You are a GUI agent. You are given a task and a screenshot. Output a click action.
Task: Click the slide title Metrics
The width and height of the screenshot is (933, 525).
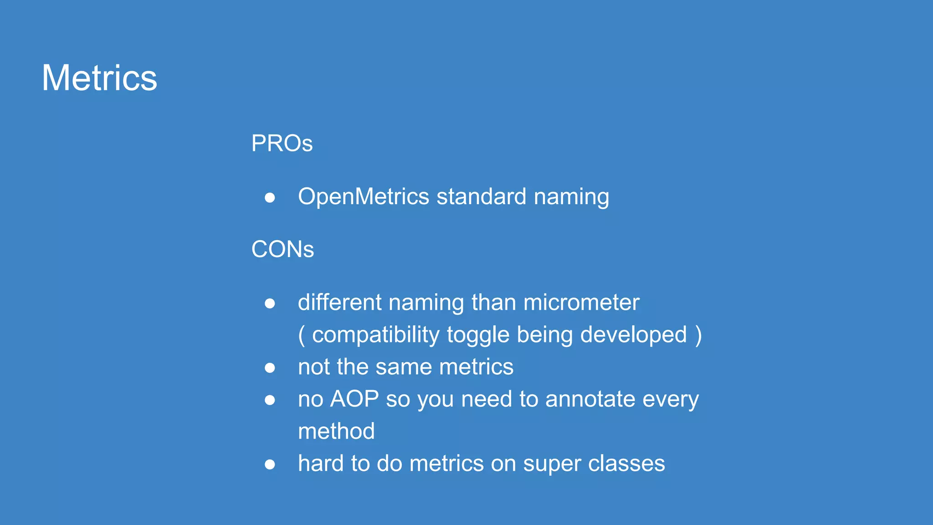(99, 78)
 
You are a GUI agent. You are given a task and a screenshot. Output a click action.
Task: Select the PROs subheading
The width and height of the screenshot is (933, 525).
(282, 144)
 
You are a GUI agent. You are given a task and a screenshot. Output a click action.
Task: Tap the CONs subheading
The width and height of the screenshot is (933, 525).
(282, 249)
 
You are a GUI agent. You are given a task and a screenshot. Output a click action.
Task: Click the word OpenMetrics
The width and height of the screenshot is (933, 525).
(364, 197)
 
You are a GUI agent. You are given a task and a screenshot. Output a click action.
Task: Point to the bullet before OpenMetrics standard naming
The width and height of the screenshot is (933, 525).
(270, 198)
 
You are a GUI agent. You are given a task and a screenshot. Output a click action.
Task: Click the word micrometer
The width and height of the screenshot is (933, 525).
(581, 303)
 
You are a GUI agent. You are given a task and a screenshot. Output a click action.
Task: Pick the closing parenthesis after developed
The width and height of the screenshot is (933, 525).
(699, 335)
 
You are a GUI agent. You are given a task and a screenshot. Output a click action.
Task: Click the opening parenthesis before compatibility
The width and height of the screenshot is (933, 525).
(302, 335)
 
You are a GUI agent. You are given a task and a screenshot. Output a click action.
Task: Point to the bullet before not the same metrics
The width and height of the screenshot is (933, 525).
(270, 368)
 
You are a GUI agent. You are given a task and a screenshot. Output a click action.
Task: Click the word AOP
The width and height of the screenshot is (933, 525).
(354, 399)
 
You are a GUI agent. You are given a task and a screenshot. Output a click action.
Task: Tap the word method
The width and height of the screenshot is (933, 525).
(336, 431)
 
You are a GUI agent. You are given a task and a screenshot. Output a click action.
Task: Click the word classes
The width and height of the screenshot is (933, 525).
(626, 463)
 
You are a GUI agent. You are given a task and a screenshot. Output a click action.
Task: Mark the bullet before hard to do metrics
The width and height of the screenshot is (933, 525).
(270, 464)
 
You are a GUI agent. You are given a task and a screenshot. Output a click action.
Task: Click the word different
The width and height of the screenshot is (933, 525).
(339, 303)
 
